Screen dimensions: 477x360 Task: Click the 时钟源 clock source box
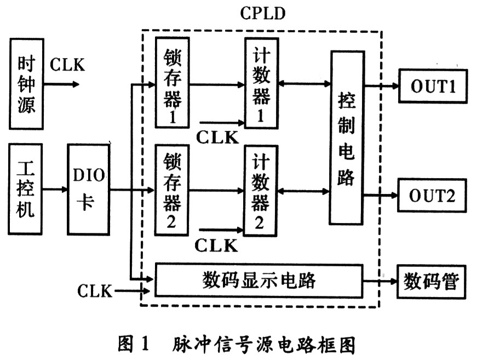tap(26, 84)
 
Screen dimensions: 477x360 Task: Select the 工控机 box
tap(25, 189)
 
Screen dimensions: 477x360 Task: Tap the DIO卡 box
tap(89, 189)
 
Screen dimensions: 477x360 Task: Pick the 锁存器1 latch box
tap(173, 83)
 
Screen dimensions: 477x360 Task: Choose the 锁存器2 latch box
tap(172, 190)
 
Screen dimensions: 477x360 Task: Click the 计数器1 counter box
tap(262, 83)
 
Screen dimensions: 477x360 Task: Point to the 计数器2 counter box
tap(260, 191)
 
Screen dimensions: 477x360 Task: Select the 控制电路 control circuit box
tap(347, 138)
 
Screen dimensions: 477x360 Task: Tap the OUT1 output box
tap(433, 86)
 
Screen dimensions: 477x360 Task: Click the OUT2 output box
tap(432, 196)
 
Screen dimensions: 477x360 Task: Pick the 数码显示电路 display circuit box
tap(259, 281)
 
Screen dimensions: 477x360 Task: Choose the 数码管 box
tap(432, 282)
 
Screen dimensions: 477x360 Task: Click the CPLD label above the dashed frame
tap(263, 13)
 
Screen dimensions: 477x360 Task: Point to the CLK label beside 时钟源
tap(67, 65)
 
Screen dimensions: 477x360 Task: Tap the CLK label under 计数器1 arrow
tap(217, 138)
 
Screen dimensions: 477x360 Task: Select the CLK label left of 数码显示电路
tap(95, 291)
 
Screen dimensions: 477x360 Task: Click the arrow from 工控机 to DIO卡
tap(55, 190)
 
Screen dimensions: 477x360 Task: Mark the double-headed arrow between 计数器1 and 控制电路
tap(304, 83)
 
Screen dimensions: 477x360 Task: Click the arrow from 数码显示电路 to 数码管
tap(380, 281)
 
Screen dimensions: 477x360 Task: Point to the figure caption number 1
tap(145, 344)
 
